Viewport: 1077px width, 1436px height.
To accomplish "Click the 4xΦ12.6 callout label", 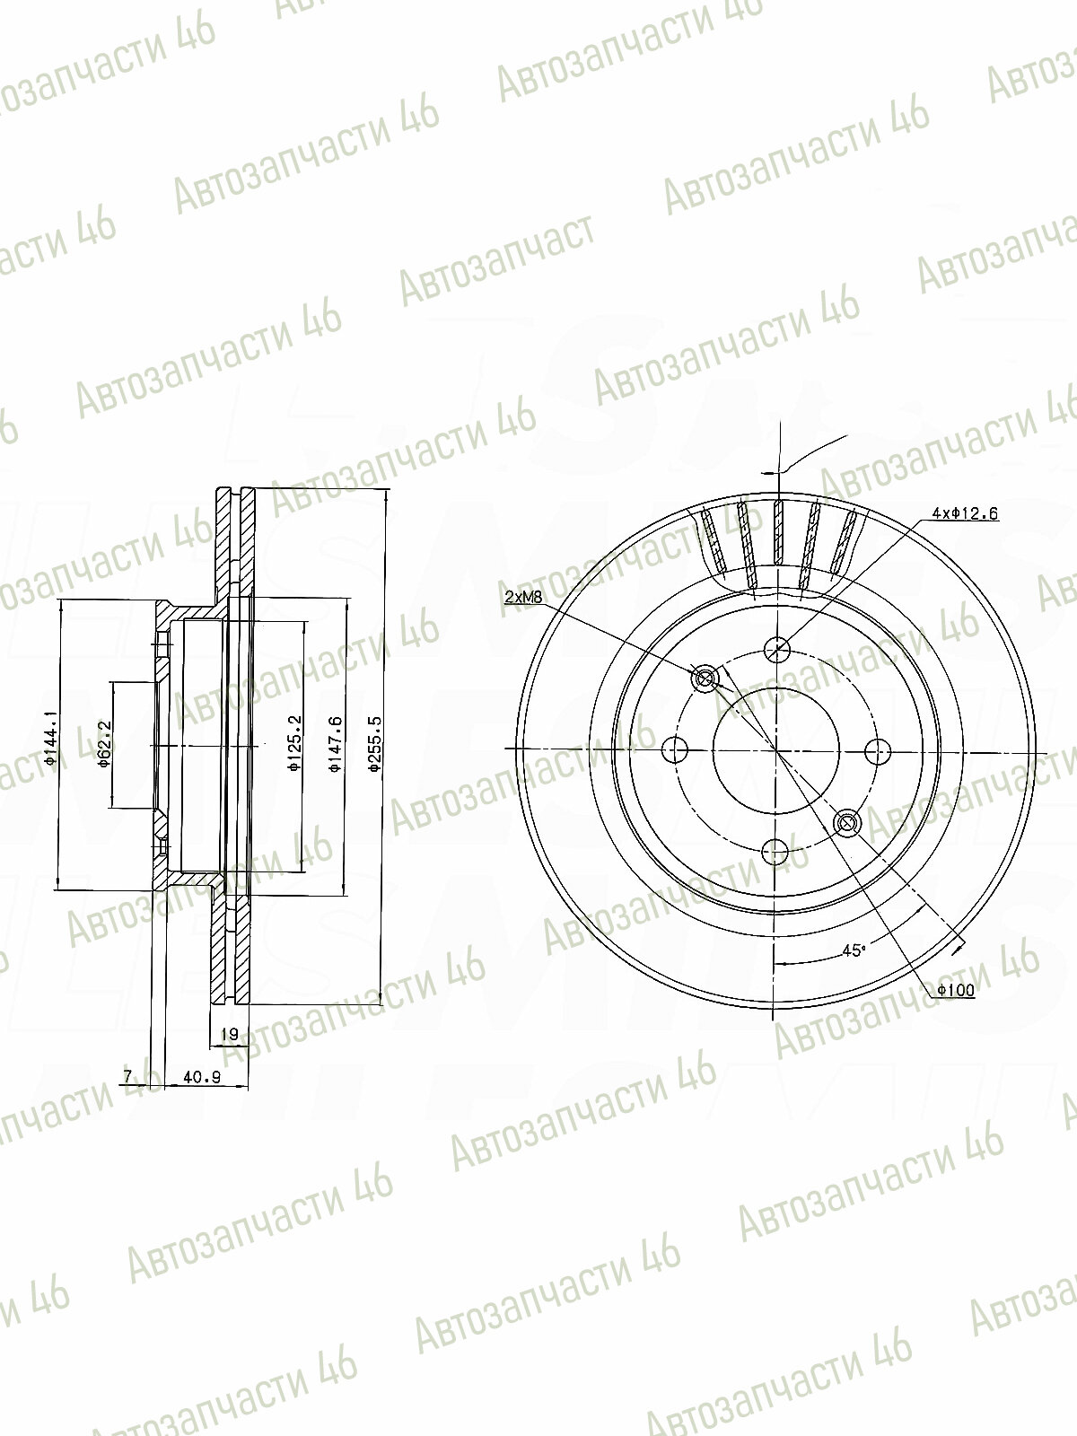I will pos(965,514).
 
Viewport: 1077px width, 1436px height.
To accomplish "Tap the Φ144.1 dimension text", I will pos(50,738).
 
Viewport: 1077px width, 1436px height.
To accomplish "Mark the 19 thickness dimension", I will pos(229,1035).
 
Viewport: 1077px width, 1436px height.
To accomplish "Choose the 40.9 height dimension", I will pos(201,1076).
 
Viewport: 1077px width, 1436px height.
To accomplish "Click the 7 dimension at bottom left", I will pos(127,1076).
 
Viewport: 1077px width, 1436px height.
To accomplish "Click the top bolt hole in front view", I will pos(776,648).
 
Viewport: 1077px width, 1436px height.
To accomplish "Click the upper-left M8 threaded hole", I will pos(705,679).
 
